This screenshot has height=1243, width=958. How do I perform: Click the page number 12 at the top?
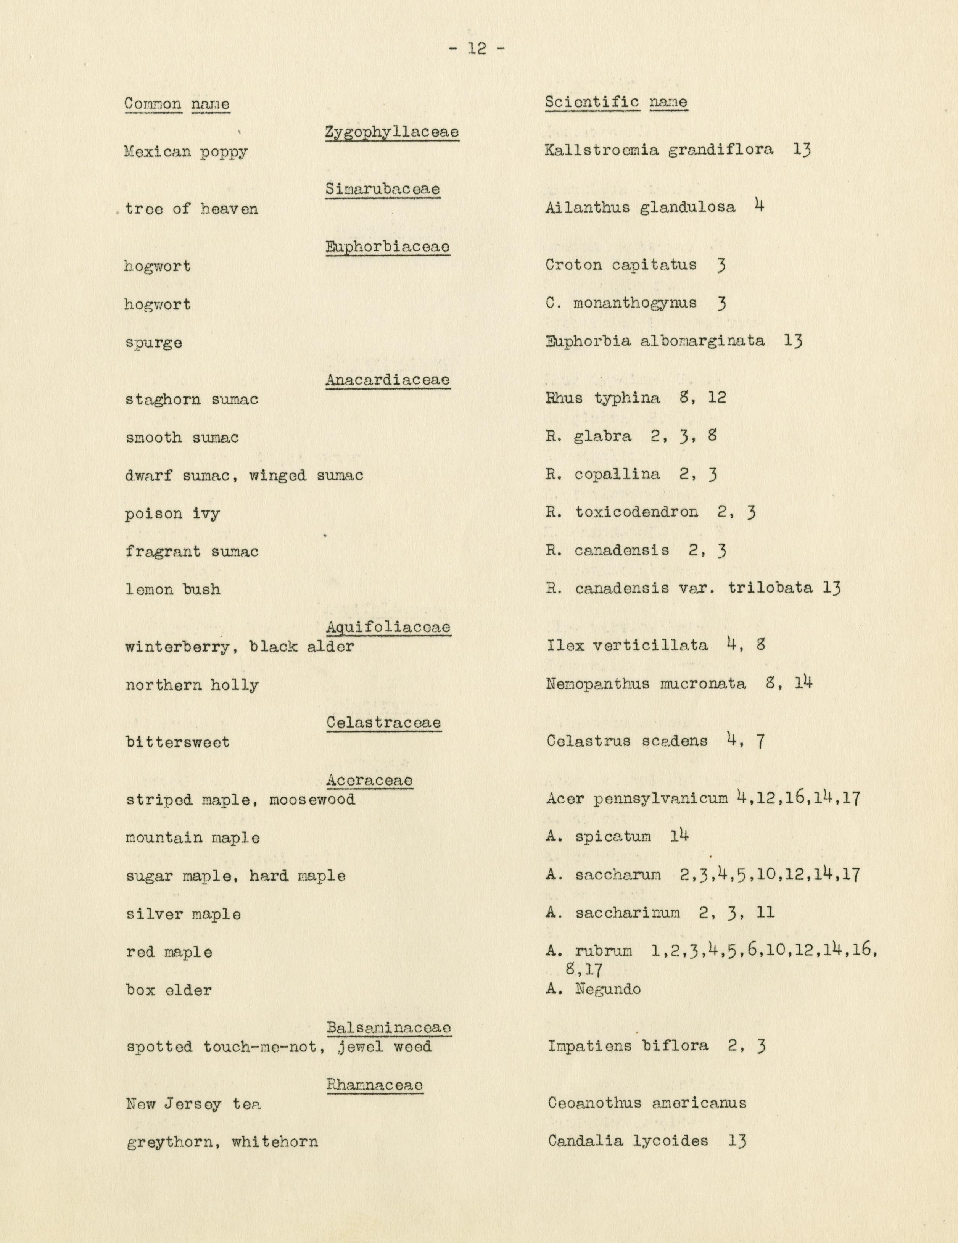click(477, 49)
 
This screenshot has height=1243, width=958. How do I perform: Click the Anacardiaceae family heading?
click(388, 380)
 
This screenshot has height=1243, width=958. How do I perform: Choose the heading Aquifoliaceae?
click(389, 627)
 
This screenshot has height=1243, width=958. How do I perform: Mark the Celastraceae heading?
click(384, 723)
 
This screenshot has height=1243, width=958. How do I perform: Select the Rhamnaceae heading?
click(375, 1085)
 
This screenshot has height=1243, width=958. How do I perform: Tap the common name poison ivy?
click(172, 514)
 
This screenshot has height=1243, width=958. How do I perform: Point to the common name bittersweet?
click(177, 742)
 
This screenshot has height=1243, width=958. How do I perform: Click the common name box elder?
click(169, 990)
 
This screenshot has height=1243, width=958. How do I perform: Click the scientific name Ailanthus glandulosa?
click(640, 208)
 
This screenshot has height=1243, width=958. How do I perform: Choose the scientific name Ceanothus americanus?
click(647, 1103)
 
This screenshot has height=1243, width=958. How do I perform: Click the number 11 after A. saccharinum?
click(766, 913)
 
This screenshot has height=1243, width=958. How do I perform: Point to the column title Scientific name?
click(616, 103)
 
